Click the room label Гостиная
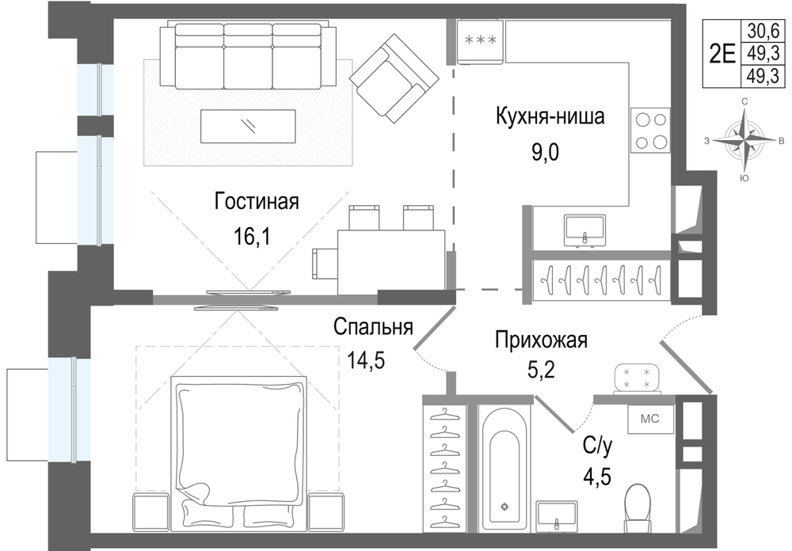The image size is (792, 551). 256,201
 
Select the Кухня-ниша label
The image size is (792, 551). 550,118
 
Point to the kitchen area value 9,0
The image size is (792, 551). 545,150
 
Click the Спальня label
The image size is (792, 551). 373,327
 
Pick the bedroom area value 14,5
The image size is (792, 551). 368,360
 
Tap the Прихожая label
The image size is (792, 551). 541,341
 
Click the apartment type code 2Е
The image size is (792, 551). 722,54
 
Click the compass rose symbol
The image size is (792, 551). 744,139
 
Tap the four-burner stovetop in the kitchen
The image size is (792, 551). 650,131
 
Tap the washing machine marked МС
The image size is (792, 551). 650,420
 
